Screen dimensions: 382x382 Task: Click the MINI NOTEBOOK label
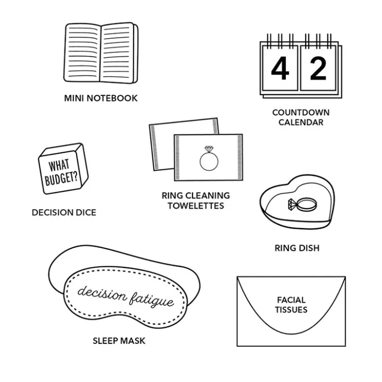click(x=101, y=98)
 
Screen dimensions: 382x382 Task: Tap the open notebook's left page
click(x=82, y=52)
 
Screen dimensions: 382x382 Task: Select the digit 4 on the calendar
click(x=280, y=68)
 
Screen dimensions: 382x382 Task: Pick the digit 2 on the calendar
click(x=318, y=68)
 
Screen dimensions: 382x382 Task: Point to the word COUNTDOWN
click(x=301, y=113)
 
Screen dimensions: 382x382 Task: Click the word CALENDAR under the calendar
click(x=301, y=122)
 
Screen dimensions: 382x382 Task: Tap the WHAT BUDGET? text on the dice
click(x=60, y=172)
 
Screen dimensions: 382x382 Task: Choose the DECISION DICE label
click(x=64, y=213)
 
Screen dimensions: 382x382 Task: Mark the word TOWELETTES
click(x=196, y=206)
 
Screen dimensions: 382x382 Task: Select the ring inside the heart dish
click(x=303, y=204)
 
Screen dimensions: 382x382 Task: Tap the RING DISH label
click(x=297, y=248)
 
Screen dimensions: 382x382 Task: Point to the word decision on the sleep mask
click(x=102, y=293)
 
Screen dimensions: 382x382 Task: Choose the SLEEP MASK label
click(x=119, y=341)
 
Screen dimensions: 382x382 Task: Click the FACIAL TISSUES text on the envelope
click(x=291, y=305)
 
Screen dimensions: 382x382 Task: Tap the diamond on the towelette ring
click(x=209, y=149)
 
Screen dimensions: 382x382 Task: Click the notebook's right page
click(x=117, y=52)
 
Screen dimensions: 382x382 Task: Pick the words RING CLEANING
click(x=196, y=196)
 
